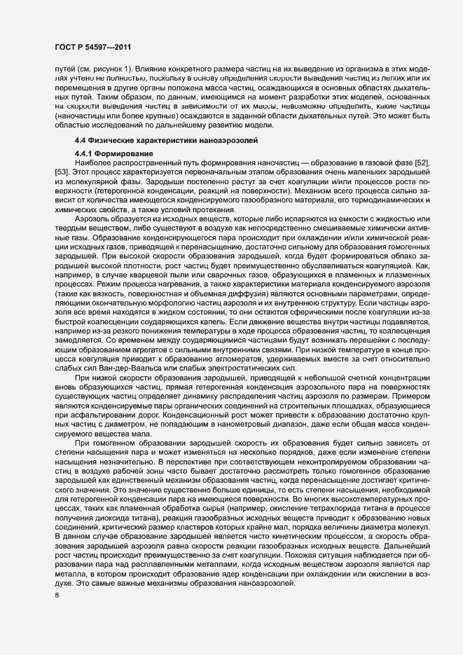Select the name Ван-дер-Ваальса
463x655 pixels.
pyautogui.click(x=121, y=368)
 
